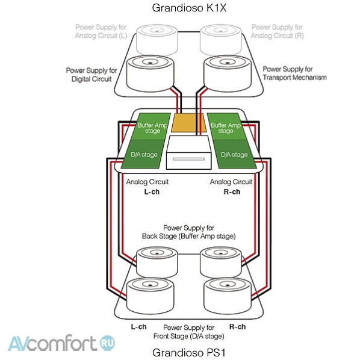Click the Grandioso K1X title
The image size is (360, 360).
pos(189,8)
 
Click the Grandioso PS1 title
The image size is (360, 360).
pos(188,352)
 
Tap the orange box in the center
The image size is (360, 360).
pos(188,123)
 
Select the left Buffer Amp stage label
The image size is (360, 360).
pos(152,128)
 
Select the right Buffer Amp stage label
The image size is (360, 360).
pos(226,128)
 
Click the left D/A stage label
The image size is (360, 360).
pos(144,155)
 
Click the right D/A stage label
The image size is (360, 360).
pos(234,155)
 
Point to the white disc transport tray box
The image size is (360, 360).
pos(188,152)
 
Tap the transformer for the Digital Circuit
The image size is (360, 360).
pos(150,73)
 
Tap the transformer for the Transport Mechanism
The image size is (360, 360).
pos(228,73)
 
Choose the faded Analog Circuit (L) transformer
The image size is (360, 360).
pos(157,40)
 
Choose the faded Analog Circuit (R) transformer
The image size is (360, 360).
pos(221,40)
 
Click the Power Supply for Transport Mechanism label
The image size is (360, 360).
pos(294,73)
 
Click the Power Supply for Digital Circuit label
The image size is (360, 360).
pos(92,75)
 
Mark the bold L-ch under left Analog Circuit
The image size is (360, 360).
pos(152,191)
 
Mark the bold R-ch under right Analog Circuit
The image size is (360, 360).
pos(232,191)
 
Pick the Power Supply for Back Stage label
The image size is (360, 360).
pos(188,232)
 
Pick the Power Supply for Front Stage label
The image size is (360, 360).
pos(188,332)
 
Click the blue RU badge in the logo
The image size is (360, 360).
pos(107,343)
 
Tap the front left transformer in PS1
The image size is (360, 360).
pos(150,296)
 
